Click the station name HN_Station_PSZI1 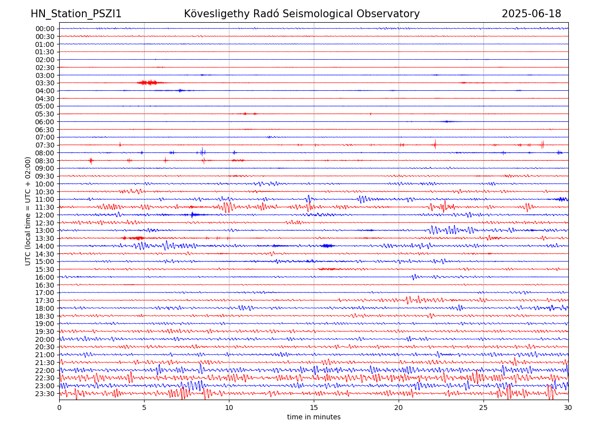[76, 14]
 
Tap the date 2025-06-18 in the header [531, 14]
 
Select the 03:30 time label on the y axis [45, 83]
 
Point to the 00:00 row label [45, 29]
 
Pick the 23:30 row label [45, 394]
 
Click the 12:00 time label [45, 215]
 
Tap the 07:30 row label [45, 145]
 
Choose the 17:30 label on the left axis [45, 300]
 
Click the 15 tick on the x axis [314, 408]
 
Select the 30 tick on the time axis [568, 408]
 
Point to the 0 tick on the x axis [59, 408]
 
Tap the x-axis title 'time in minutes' [314, 417]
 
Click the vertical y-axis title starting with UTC [29, 211]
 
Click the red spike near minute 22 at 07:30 [435, 145]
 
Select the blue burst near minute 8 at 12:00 [192, 215]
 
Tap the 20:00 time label [45, 339]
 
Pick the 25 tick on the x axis [483, 408]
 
